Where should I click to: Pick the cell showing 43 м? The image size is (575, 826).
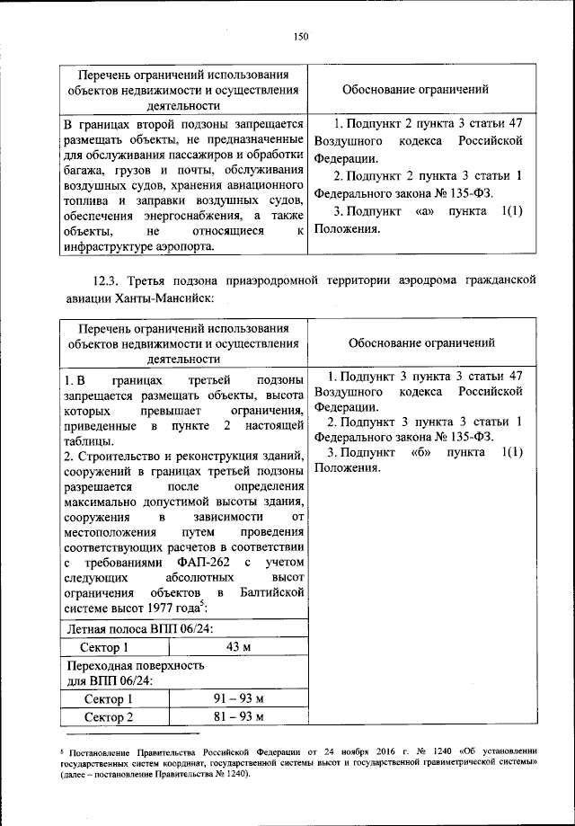click(233, 647)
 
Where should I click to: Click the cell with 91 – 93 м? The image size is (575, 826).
click(233, 698)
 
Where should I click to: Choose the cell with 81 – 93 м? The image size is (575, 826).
click(233, 716)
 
